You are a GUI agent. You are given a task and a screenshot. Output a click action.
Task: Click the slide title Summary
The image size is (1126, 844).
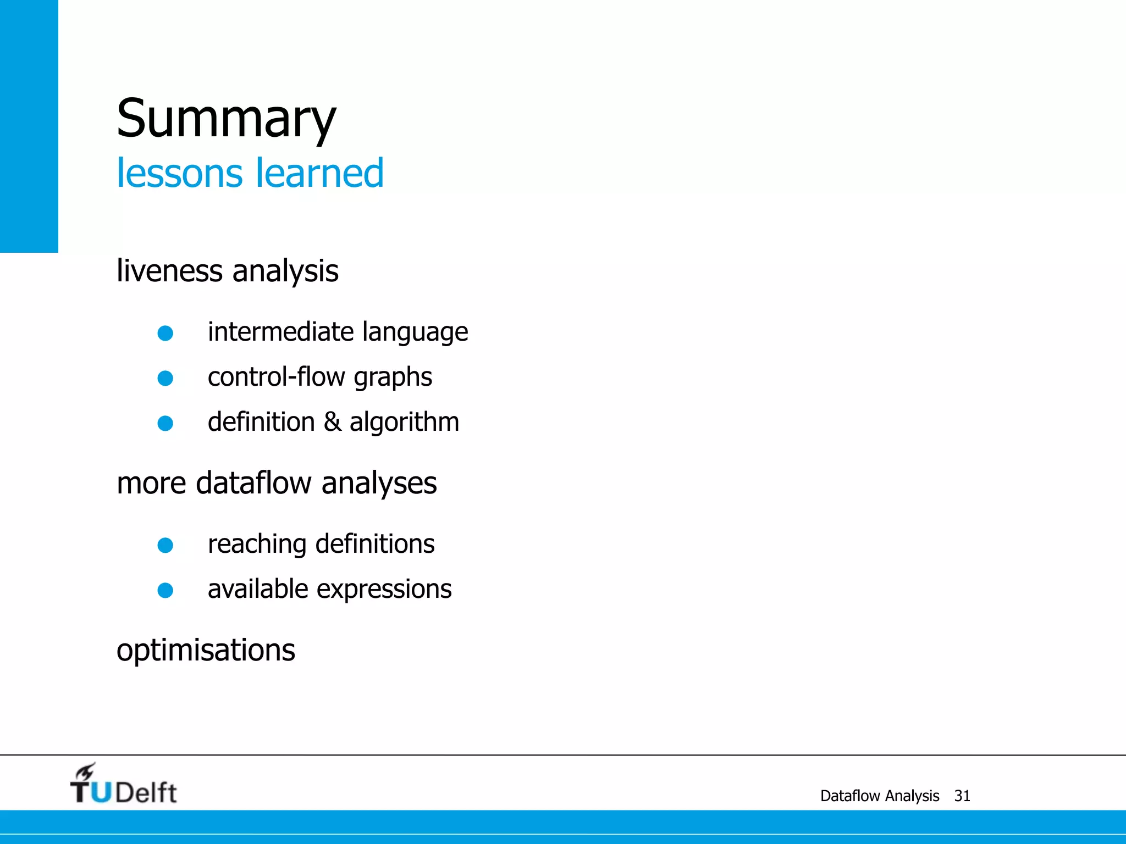point(226,118)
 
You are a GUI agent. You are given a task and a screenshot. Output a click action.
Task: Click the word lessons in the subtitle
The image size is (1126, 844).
point(179,173)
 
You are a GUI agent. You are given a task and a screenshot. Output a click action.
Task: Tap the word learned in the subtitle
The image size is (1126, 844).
point(319,173)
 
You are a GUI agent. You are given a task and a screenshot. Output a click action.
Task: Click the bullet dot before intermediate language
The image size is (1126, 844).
point(165,333)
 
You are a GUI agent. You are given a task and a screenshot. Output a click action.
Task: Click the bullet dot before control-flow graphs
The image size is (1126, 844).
point(165,378)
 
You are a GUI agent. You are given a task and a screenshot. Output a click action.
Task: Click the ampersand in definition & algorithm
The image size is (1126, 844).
point(332,422)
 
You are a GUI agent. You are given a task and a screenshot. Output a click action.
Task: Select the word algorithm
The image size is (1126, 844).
point(404,422)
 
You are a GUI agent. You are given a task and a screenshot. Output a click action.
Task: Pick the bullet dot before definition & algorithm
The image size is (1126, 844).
point(165,423)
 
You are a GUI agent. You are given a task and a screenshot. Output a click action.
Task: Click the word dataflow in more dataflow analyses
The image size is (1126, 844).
point(254,483)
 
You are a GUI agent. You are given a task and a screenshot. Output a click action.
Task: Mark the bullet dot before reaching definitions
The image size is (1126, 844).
point(165,545)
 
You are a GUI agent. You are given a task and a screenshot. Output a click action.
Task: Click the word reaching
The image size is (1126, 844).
point(257,545)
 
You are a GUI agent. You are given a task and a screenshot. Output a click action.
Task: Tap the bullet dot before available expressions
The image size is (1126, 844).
point(165,590)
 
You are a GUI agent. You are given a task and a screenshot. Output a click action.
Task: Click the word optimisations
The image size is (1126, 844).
point(206,650)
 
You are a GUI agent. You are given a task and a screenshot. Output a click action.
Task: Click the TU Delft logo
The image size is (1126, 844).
point(123,785)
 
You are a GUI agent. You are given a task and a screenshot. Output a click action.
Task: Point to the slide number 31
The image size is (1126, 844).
point(962,796)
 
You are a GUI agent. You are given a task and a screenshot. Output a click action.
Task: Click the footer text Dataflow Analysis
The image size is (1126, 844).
point(880,796)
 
